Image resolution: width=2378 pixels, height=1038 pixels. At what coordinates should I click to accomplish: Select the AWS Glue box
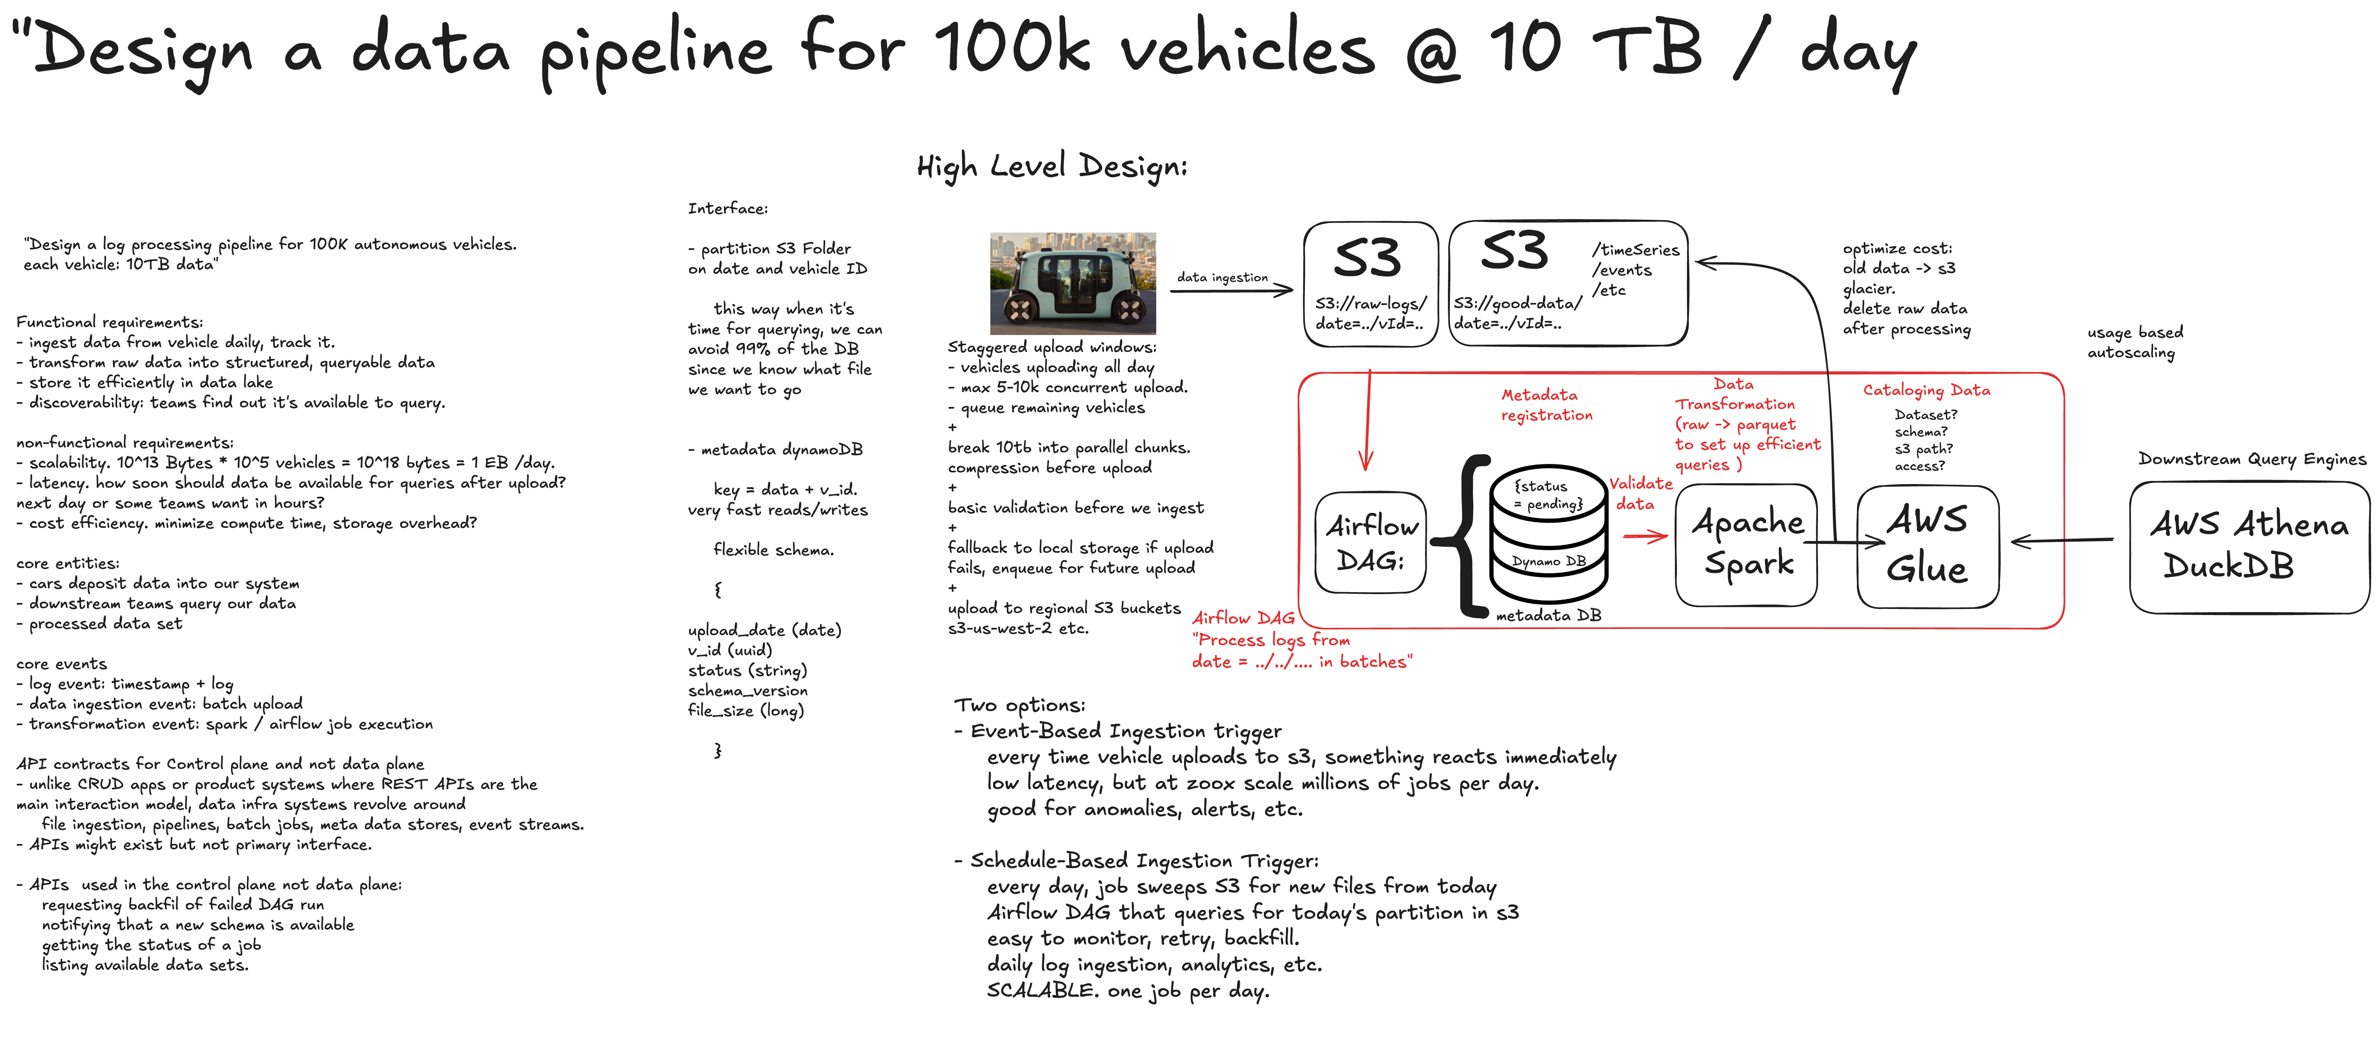1928,546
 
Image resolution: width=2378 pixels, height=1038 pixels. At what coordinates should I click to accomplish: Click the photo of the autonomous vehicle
1073,283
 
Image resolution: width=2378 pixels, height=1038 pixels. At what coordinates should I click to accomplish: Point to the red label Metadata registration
1546,405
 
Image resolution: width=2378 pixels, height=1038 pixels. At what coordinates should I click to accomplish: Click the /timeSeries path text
1635,250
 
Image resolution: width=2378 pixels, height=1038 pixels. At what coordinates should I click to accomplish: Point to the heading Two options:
1019,706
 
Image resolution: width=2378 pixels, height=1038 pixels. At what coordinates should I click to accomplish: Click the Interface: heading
728,208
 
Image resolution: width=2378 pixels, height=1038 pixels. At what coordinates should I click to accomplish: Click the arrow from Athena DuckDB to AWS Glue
2061,541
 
